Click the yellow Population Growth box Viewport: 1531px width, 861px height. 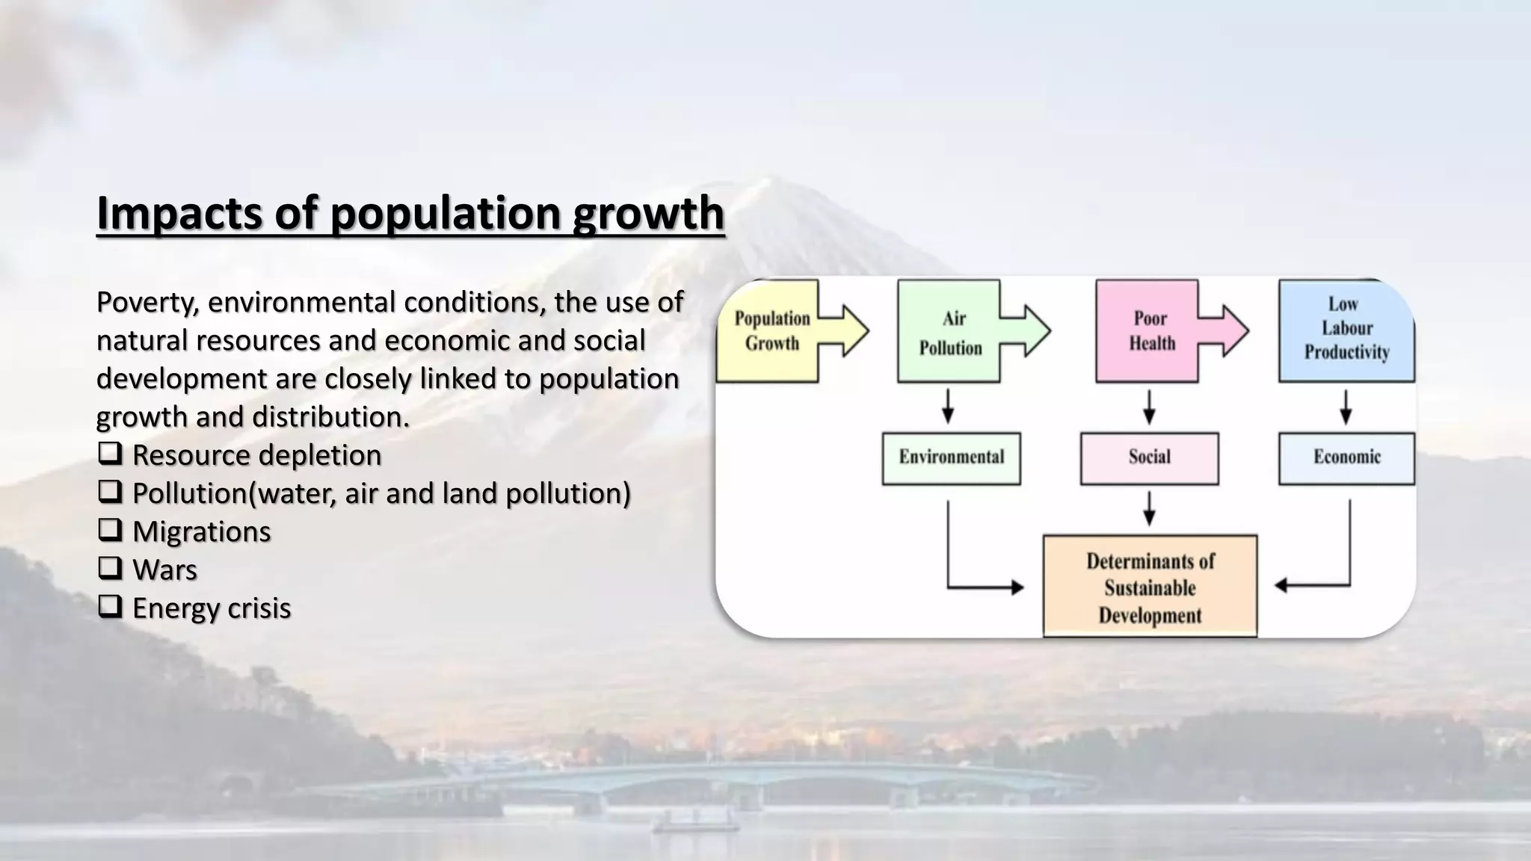point(770,331)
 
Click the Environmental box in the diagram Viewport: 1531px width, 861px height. point(951,457)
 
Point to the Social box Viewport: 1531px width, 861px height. point(1149,457)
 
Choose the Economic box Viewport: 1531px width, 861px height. point(1346,457)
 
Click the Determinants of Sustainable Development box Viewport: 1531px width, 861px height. point(1150,587)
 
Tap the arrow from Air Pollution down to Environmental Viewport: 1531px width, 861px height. point(948,407)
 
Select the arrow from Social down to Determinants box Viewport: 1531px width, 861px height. point(1150,509)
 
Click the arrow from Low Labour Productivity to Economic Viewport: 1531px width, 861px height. point(1346,407)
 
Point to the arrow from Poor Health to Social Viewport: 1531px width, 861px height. point(1150,407)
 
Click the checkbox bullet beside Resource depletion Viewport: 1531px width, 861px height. point(110,453)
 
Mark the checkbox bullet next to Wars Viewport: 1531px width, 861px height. point(110,568)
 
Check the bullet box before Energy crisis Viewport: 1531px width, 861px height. point(110,606)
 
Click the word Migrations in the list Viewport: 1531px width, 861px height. point(201,531)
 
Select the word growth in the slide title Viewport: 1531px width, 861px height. point(648,213)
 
